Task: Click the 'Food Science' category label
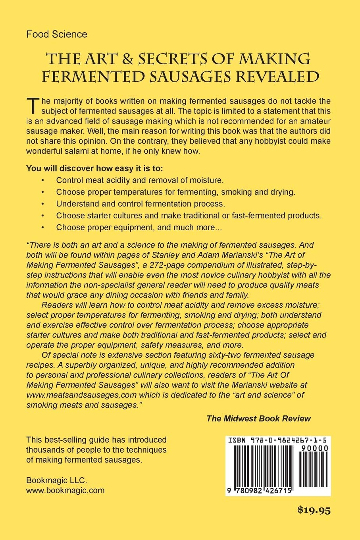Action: tap(56, 34)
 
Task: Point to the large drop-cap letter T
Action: tap(33, 106)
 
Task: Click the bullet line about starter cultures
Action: tap(189, 216)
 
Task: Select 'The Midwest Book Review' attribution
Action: tap(258, 418)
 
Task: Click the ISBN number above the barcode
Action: tap(278, 440)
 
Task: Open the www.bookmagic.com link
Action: tap(65, 490)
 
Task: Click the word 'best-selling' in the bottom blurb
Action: tap(65, 440)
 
